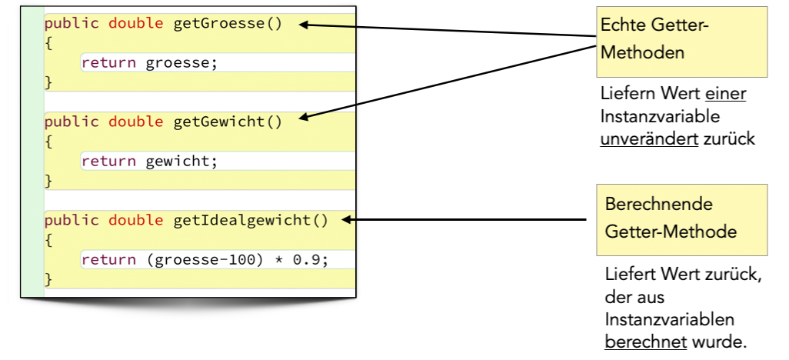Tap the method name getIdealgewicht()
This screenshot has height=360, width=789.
tap(251, 221)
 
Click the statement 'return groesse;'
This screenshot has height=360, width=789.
tap(150, 63)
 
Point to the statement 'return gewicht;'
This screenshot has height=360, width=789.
tap(150, 162)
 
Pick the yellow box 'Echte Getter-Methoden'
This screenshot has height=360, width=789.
tap(682, 42)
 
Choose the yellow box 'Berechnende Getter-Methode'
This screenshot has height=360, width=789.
tap(681, 219)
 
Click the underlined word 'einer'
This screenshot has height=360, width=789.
tap(726, 94)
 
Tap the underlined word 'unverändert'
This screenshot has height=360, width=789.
tap(648, 139)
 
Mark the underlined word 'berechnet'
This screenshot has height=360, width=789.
tap(645, 341)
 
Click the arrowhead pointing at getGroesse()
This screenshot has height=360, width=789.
tap(304, 25)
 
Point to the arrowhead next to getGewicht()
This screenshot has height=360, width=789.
tap(304, 118)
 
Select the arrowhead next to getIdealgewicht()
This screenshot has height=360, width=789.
tap(347, 221)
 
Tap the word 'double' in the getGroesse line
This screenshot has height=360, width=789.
tap(135, 23)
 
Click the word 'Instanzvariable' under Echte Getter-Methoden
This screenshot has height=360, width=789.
tap(660, 117)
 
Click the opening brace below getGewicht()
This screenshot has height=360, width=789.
tap(48, 142)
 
